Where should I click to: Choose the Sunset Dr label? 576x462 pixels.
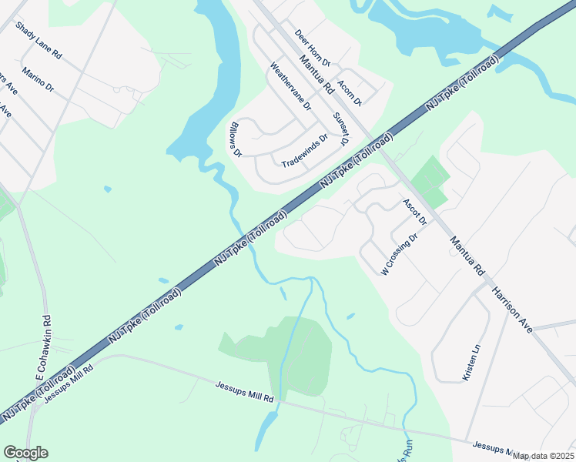click(x=340, y=128)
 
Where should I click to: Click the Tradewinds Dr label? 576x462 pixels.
click(x=305, y=152)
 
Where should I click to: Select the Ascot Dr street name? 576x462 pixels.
click(x=414, y=212)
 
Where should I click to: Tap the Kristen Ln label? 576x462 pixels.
click(x=471, y=362)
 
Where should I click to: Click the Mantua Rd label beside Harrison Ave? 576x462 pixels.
click(x=468, y=256)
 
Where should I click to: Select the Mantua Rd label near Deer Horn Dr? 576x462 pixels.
click(x=316, y=74)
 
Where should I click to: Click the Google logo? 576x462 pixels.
click(x=25, y=453)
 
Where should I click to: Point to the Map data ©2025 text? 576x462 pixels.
click(x=542, y=456)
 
